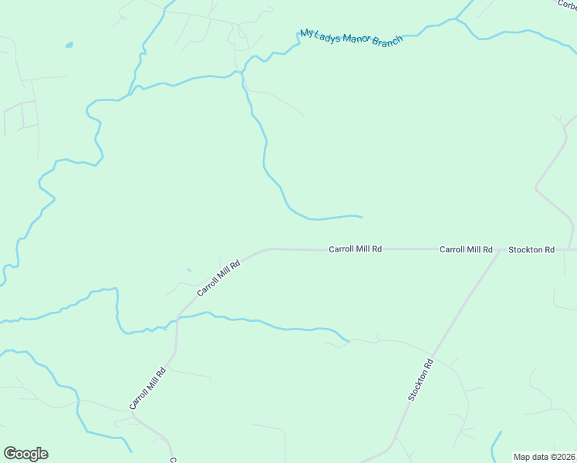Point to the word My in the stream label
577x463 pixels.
tap(307, 33)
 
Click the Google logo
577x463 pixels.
tap(25, 454)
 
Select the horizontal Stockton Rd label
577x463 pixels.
tap(531, 249)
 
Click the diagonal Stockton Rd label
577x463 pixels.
tap(421, 380)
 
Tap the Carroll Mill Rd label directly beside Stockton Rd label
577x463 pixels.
tap(466, 249)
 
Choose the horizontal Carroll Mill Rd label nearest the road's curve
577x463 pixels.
tap(356, 249)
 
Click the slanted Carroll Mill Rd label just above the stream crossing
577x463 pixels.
tap(219, 278)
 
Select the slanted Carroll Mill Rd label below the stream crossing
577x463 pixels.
tap(148, 388)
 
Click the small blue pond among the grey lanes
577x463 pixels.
tap(69, 45)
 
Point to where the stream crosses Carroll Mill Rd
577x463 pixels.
tap(178, 316)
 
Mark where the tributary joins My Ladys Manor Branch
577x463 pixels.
tap(243, 73)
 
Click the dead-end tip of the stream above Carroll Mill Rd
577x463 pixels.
tap(361, 216)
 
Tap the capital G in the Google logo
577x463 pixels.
tap(10, 453)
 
